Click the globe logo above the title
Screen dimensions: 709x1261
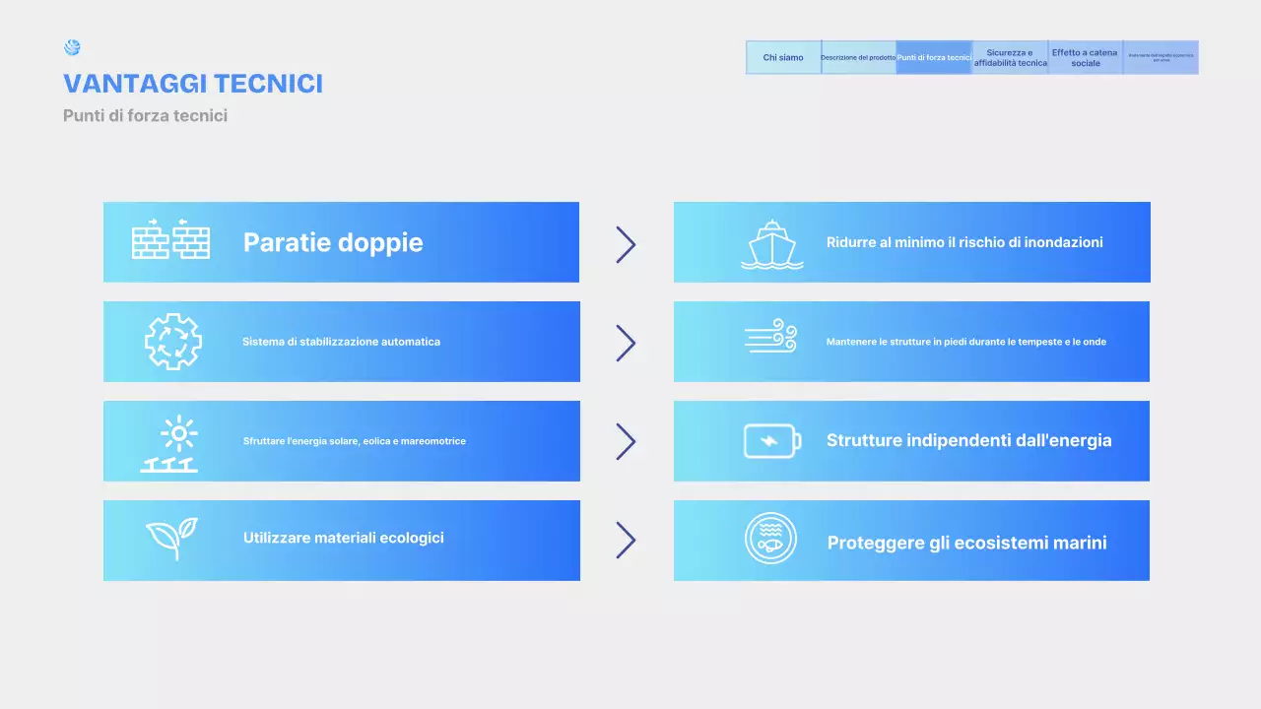pyautogui.click(x=72, y=47)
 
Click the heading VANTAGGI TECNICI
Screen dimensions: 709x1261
pyautogui.click(x=193, y=84)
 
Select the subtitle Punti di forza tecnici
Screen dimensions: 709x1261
pyautogui.click(x=145, y=115)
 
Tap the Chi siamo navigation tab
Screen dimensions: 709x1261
pyautogui.click(x=783, y=57)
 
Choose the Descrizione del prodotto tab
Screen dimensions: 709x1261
pyautogui.click(x=858, y=57)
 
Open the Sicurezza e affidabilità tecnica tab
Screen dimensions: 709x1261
pyautogui.click(x=1010, y=57)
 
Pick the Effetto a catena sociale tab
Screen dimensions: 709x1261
pyautogui.click(x=1085, y=57)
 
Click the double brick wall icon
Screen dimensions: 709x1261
pyautogui.click(x=170, y=239)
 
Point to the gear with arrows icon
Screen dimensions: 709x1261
pyautogui.click(x=172, y=342)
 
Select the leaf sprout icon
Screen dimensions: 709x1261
pyautogui.click(x=171, y=539)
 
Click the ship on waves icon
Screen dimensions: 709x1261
pyautogui.click(x=771, y=244)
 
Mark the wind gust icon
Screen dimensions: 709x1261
pyautogui.click(x=770, y=337)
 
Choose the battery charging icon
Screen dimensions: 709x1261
pyautogui.click(x=771, y=440)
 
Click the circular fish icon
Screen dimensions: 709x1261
pyautogui.click(x=770, y=539)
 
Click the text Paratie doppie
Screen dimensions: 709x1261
pyautogui.click(x=333, y=242)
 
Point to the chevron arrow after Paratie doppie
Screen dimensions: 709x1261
pyautogui.click(x=626, y=244)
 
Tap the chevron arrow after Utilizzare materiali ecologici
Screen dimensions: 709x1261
pyautogui.click(x=626, y=540)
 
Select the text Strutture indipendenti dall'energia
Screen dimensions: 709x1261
pyautogui.click(x=968, y=440)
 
